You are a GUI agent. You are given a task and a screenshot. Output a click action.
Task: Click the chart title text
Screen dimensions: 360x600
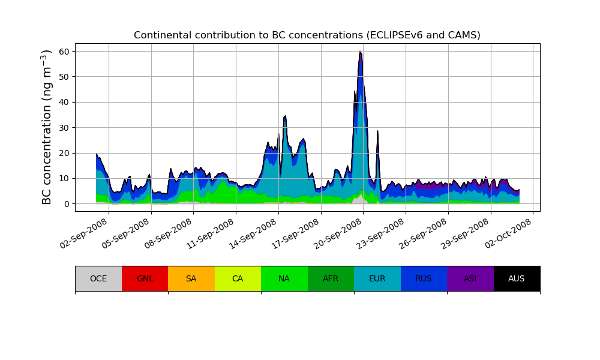tap(307, 35)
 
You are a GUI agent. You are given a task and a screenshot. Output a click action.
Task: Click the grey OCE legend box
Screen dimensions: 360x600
tap(98, 278)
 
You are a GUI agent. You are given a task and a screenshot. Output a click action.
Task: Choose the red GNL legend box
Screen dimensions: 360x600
tap(145, 278)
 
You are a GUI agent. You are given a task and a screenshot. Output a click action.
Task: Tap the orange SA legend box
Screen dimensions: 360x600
tap(191, 278)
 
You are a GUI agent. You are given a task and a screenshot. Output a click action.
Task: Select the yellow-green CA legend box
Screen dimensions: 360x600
tap(238, 278)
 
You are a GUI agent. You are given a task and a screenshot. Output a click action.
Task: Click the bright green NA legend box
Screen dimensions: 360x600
tap(284, 278)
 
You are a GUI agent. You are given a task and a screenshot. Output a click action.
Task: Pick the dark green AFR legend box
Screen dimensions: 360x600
tap(331, 278)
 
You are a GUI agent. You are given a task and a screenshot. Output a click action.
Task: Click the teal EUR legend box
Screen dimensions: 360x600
tap(377, 278)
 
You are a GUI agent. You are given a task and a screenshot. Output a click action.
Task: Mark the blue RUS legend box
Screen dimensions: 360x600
tap(424, 278)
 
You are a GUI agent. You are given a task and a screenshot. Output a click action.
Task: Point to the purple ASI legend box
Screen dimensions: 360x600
tap(470, 278)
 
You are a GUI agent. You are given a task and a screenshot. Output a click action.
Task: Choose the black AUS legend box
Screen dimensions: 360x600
tap(517, 278)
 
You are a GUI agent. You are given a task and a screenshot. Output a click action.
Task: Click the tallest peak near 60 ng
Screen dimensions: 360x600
tap(360, 52)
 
